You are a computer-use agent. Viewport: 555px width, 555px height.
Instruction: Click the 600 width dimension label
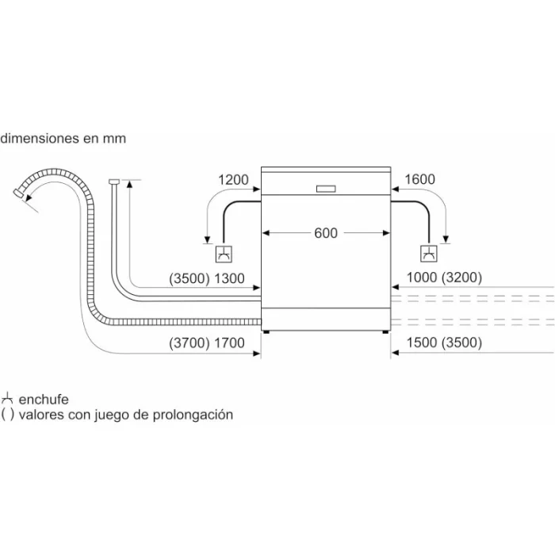326,233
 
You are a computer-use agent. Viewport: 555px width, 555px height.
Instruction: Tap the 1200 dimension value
233,180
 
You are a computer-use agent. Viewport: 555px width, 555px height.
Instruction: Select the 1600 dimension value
419,179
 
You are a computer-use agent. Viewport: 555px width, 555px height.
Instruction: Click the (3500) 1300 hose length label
207,278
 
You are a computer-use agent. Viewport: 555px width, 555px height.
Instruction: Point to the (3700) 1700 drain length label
207,343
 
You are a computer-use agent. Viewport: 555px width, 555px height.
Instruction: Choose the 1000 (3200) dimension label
444,277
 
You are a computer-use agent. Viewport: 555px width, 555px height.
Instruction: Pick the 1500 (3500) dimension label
444,343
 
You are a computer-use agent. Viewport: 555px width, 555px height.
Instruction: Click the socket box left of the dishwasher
224,254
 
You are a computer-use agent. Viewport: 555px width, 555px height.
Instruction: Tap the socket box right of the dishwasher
429,254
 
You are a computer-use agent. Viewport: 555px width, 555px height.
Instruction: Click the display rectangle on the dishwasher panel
326,189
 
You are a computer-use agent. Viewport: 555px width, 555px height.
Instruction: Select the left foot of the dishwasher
266,332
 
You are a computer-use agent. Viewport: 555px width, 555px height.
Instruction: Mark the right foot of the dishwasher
385,332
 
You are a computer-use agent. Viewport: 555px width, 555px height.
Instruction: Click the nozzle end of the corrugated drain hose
17,193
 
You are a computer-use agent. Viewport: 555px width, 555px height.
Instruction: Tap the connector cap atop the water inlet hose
113,182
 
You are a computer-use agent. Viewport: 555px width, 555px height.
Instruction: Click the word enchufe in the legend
44,400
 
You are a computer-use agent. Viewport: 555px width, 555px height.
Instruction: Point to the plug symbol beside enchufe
6,399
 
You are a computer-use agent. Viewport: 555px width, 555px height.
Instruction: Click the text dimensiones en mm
63,138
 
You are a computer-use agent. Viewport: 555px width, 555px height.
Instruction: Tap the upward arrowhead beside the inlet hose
129,184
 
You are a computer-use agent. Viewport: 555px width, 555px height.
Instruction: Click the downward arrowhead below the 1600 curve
446,239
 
